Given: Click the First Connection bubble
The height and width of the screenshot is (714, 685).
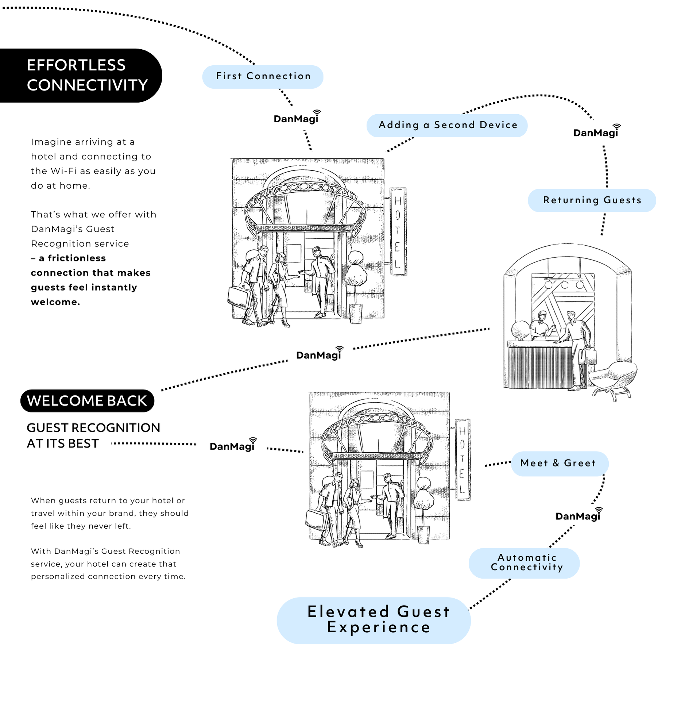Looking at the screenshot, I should [262, 77].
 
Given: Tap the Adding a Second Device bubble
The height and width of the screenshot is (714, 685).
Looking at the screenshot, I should [446, 125].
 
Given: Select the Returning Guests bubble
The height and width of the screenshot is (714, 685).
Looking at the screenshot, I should [591, 200].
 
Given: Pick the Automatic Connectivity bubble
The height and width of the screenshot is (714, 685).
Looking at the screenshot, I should [524, 563].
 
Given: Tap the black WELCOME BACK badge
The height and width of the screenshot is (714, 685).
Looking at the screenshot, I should [87, 400].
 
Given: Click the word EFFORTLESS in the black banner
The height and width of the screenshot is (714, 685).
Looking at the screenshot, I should [76, 65].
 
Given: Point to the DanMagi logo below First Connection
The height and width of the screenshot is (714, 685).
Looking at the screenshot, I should [296, 118].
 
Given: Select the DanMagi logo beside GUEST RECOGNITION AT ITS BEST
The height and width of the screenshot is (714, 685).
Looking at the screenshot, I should [232, 446].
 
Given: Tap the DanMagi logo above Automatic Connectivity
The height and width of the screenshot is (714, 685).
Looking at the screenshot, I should [578, 515].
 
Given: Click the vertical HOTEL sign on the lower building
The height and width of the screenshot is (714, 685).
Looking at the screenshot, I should [462, 459].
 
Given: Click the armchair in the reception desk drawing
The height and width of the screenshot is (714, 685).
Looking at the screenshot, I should [614, 380].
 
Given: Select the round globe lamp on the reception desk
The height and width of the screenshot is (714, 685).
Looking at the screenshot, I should [520, 330].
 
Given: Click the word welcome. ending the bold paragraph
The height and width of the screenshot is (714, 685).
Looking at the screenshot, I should [55, 302].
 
